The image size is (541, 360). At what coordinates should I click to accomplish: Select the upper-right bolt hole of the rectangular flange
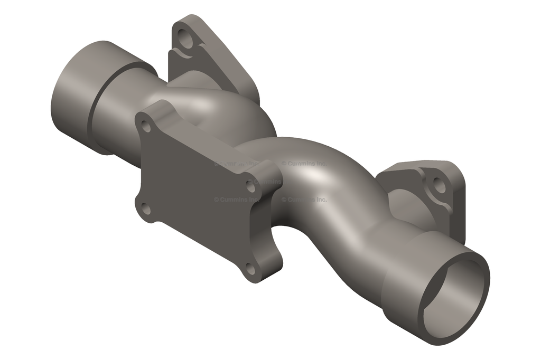(x=250, y=184)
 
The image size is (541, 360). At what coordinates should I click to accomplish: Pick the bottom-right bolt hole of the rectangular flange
(x=250, y=270)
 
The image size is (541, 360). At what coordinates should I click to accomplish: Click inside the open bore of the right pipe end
(x=454, y=296)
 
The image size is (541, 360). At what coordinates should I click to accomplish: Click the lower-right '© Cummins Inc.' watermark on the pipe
(x=304, y=200)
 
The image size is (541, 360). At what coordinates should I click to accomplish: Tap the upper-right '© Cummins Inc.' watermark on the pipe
(x=304, y=164)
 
